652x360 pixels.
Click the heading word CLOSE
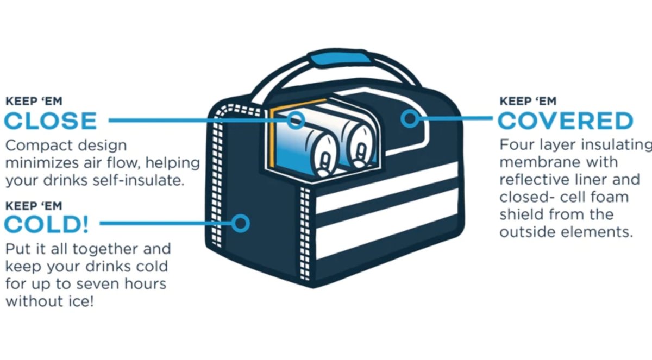click(x=51, y=121)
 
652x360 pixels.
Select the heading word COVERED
click(x=566, y=121)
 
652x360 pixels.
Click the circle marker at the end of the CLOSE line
click(x=296, y=119)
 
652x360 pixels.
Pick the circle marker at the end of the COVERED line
click(x=411, y=119)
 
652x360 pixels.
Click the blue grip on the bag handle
click(x=337, y=58)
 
